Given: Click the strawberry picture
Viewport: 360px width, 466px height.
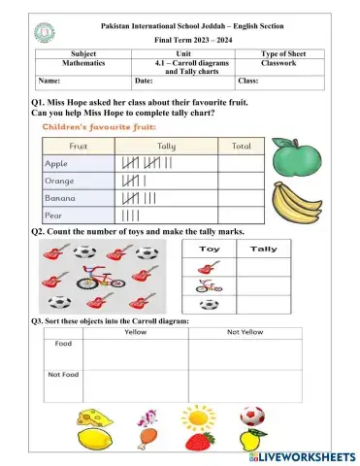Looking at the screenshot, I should coord(200,443).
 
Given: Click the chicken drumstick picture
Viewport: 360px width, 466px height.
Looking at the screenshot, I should coord(146,442).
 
